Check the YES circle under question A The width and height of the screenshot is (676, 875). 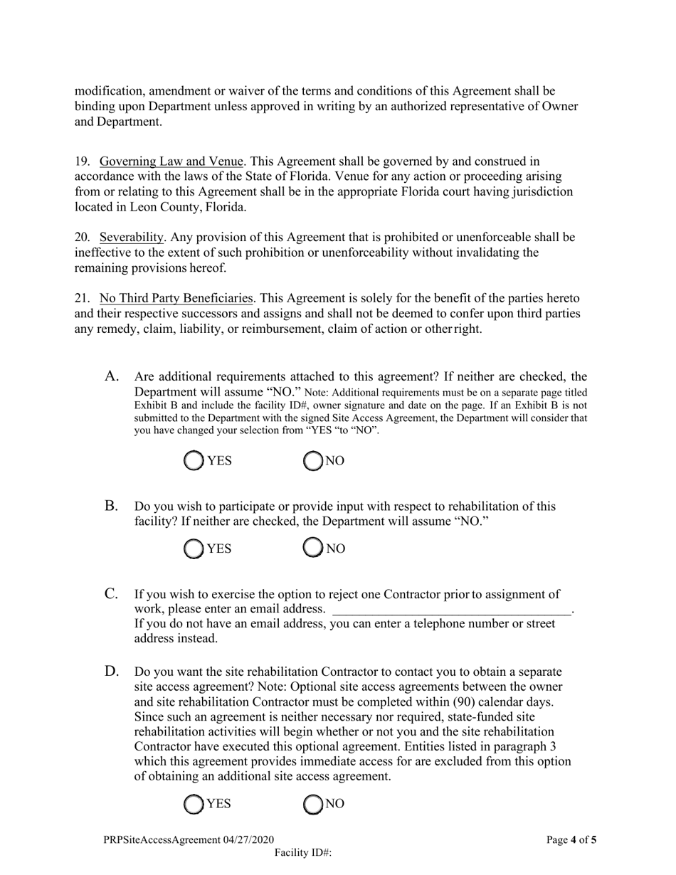(194, 461)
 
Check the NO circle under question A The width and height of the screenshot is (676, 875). (313, 461)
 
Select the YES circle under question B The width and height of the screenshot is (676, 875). (194, 548)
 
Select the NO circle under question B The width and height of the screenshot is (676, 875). (313, 548)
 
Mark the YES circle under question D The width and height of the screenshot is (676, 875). (194, 804)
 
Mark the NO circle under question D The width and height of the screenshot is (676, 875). (313, 804)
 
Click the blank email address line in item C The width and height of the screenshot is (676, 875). (452, 609)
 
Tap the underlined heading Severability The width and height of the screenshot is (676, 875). (131, 237)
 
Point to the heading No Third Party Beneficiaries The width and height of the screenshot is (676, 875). (176, 298)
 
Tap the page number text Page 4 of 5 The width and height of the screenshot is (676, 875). (571, 840)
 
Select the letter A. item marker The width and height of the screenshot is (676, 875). (112, 376)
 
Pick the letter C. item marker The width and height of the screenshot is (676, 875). (112, 594)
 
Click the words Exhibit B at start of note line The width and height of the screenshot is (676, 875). (153, 405)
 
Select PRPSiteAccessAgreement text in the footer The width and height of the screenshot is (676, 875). (162, 840)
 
